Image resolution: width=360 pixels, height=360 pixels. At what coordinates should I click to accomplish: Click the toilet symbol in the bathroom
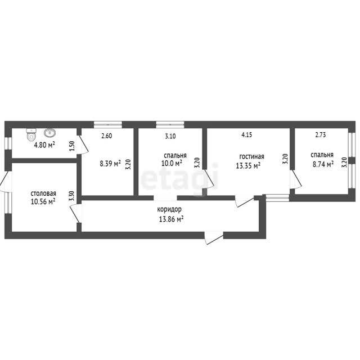(31, 134)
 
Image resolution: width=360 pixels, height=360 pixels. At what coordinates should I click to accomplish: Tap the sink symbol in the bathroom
(49, 133)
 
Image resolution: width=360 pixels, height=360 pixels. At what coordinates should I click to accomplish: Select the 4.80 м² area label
(44, 145)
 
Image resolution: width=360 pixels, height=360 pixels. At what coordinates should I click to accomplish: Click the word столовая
(43, 193)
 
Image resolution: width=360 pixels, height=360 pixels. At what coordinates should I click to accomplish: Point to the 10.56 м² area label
(43, 201)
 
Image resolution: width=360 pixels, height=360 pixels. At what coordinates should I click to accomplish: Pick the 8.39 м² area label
(110, 164)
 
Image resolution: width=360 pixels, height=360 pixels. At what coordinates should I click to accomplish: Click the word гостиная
(251, 156)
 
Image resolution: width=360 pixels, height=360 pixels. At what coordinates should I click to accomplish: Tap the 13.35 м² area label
(248, 165)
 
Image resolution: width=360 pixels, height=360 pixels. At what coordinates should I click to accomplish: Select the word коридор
(169, 209)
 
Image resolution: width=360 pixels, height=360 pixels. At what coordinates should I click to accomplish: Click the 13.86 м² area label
(171, 219)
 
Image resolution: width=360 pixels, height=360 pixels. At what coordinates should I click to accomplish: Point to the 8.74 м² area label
(323, 164)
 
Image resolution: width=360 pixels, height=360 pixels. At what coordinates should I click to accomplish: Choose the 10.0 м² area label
(172, 163)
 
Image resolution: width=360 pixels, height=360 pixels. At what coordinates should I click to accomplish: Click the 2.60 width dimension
(107, 136)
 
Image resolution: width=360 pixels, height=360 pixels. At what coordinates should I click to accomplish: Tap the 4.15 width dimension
(247, 135)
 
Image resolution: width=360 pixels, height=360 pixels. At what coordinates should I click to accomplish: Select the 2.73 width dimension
(320, 135)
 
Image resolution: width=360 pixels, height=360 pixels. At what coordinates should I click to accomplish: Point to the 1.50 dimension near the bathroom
(72, 146)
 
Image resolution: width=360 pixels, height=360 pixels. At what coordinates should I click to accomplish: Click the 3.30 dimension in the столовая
(71, 196)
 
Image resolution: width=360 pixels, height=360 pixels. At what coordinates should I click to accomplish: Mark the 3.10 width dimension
(170, 136)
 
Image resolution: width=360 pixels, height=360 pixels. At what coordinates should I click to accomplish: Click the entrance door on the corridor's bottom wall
(214, 238)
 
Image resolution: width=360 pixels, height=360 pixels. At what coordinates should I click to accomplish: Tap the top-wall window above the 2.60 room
(108, 125)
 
